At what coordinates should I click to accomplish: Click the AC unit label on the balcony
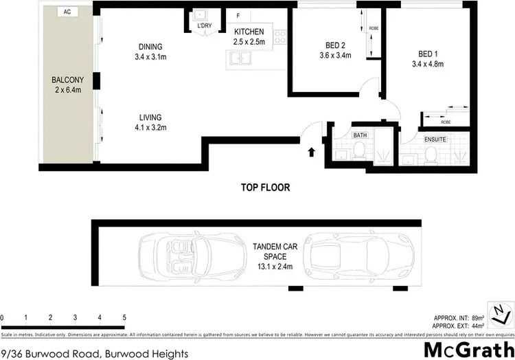click(66, 12)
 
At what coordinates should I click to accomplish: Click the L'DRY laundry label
click(204, 26)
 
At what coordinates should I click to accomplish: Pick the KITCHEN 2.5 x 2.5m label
click(249, 37)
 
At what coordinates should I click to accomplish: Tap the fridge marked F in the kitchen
click(238, 14)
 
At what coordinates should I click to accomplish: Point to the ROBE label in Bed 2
click(374, 28)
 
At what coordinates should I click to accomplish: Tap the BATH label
click(360, 135)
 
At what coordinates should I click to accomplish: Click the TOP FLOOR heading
click(265, 187)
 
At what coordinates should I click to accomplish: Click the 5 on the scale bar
click(124, 317)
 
